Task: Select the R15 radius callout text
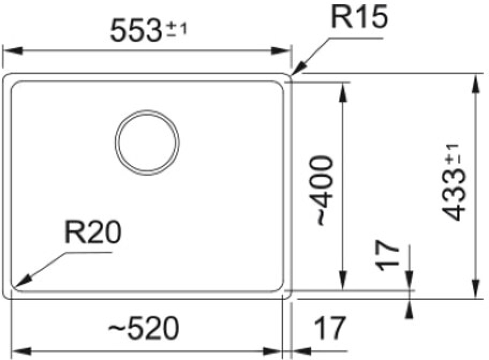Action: [360, 17]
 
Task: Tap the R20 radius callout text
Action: [93, 232]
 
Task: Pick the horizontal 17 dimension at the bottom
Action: [330, 328]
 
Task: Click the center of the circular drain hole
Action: [147, 142]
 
